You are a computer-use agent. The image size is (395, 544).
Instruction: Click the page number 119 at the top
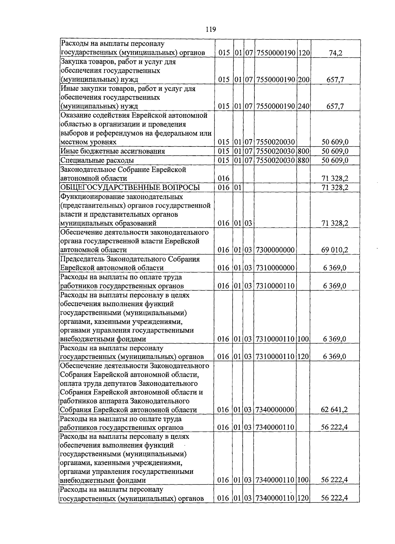pyautogui.click(x=210, y=30)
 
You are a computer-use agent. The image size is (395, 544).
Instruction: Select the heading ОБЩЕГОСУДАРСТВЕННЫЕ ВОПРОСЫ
pyautogui.click(x=130, y=188)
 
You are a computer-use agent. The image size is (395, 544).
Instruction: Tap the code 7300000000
pyautogui.click(x=275, y=250)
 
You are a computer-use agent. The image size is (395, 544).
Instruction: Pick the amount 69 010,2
pyautogui.click(x=334, y=250)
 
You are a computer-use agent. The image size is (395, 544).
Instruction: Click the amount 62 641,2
pyautogui.click(x=334, y=410)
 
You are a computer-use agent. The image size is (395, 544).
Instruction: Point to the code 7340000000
pyautogui.click(x=275, y=410)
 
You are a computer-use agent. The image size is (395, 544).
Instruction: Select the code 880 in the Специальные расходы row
pyautogui.click(x=303, y=160)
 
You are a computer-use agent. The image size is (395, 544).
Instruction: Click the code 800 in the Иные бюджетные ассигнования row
pyautogui.click(x=303, y=151)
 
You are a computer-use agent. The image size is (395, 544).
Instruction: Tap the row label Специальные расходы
pyautogui.click(x=97, y=160)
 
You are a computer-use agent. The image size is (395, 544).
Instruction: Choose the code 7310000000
pyautogui.click(x=275, y=268)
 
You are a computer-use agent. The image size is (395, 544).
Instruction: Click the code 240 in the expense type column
pyautogui.click(x=303, y=106)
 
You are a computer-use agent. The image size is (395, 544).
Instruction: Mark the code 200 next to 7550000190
pyautogui.click(x=303, y=79)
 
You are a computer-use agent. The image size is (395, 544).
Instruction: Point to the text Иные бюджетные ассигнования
pyautogui.click(x=112, y=151)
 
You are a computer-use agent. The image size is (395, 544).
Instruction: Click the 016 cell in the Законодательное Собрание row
pyautogui.click(x=223, y=178)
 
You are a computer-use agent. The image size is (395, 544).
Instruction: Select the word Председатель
pyautogui.click(x=80, y=259)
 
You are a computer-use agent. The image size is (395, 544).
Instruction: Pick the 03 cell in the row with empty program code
pyautogui.click(x=249, y=223)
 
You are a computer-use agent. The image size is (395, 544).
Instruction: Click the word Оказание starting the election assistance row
pyautogui.click(x=74, y=116)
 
